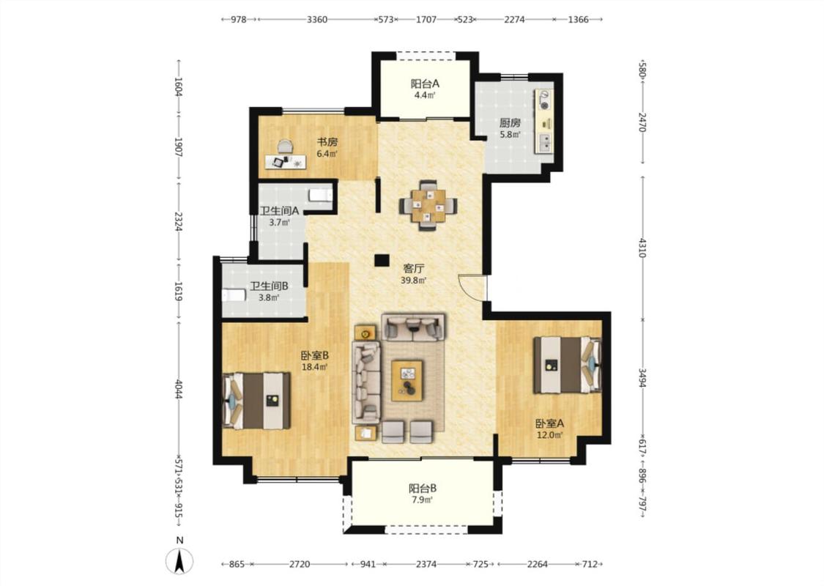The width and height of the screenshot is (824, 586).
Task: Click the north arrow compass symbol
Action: coord(179,561)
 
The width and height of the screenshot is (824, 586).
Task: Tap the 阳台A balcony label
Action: coord(425,84)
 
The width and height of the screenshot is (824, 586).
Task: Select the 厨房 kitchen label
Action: coord(510,123)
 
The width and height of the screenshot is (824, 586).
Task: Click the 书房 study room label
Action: coord(327,142)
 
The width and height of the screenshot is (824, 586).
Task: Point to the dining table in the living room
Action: coord(428,205)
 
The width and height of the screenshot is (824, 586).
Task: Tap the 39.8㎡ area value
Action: coord(414,281)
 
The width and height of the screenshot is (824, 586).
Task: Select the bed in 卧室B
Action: coord(256,401)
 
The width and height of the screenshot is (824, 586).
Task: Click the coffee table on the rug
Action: coord(407,380)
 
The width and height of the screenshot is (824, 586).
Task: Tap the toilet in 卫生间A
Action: coord(321,196)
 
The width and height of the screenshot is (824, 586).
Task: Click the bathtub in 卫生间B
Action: coord(234,295)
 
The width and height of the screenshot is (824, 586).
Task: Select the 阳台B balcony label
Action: coord(423,489)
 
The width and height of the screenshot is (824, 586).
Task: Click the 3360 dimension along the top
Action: coord(317,20)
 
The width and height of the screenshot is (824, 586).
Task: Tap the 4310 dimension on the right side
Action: coord(642,248)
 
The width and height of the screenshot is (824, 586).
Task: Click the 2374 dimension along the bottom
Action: coord(426,565)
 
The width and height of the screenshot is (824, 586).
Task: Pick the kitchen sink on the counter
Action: coord(546,143)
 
